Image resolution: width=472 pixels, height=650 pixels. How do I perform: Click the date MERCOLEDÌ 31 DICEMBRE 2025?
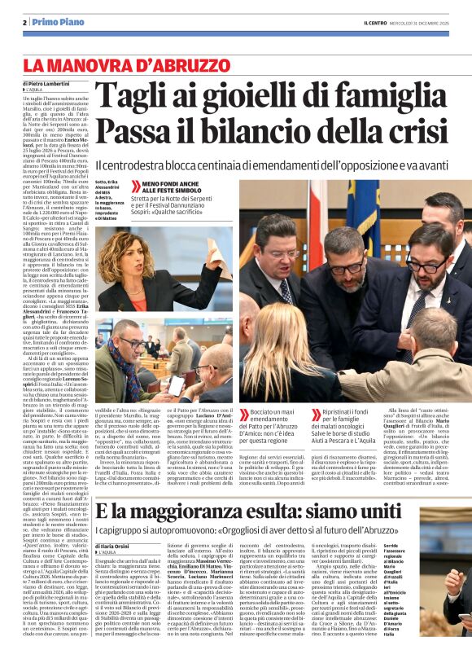click(x=422, y=23)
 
